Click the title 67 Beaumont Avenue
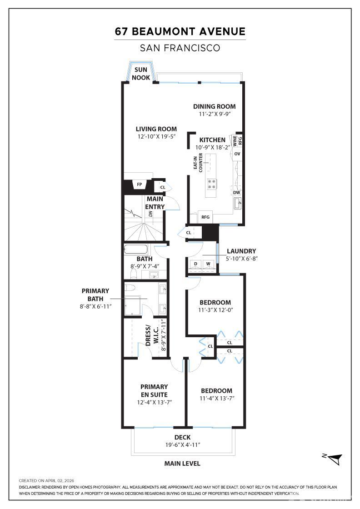(180, 31)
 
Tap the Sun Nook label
(141, 74)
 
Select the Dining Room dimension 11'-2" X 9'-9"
(214, 114)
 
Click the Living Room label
(156, 129)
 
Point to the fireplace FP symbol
(140, 185)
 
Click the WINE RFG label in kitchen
(238, 140)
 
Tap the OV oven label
(237, 154)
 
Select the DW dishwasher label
(236, 193)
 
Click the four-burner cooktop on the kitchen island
(212, 184)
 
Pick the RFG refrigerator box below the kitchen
(205, 217)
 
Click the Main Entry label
(155, 203)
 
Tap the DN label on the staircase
(150, 214)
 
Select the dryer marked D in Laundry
(196, 264)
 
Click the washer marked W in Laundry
(208, 264)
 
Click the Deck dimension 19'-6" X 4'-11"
(183, 445)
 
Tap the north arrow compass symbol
(334, 458)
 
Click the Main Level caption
(182, 464)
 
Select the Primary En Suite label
(154, 390)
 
